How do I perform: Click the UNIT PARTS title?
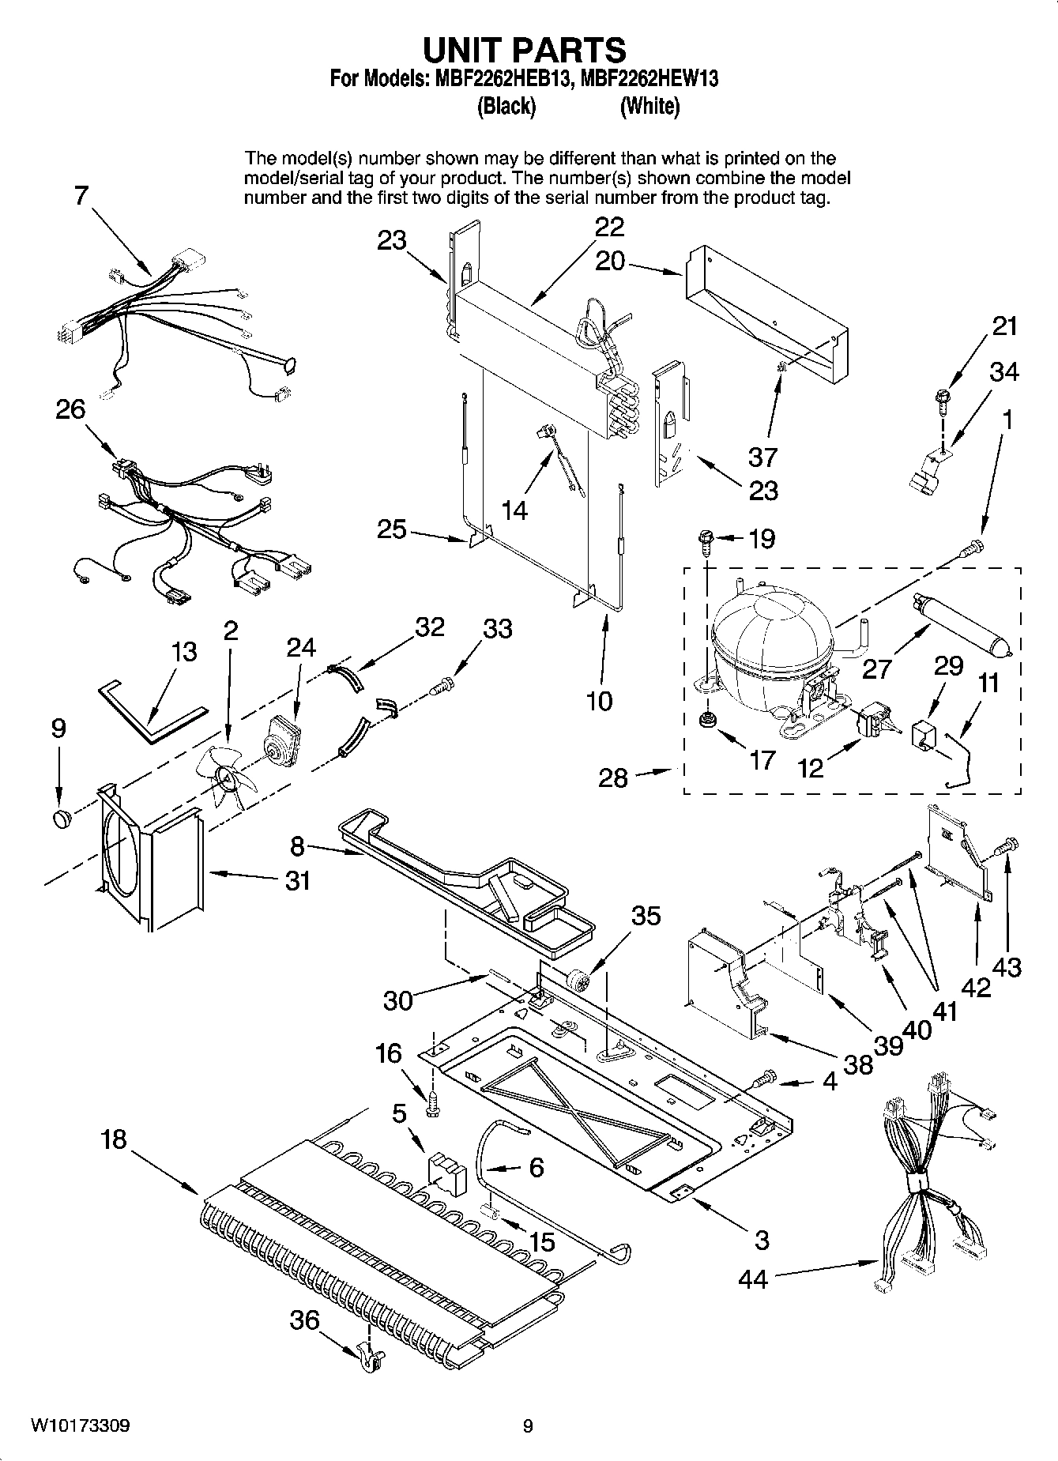[x=525, y=50]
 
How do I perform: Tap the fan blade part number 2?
[x=229, y=778]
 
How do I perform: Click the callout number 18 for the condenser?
[x=114, y=1140]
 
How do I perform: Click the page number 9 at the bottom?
[x=528, y=1426]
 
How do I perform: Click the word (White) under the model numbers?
[x=649, y=106]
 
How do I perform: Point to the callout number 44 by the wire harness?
[x=752, y=1278]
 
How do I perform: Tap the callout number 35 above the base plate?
[x=646, y=916]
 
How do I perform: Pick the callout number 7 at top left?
[x=81, y=195]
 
